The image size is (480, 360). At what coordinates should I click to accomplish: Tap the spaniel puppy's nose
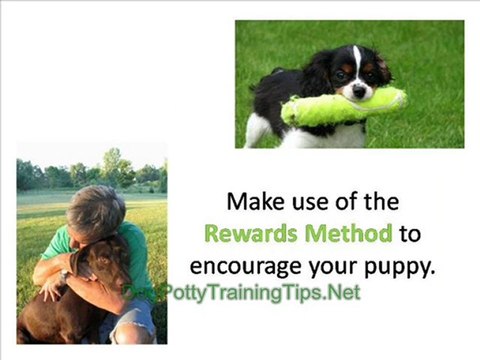[x=358, y=91]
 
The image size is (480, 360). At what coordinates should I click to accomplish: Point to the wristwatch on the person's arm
[x=65, y=275]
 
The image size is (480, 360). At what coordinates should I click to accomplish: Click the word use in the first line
[x=312, y=204]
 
